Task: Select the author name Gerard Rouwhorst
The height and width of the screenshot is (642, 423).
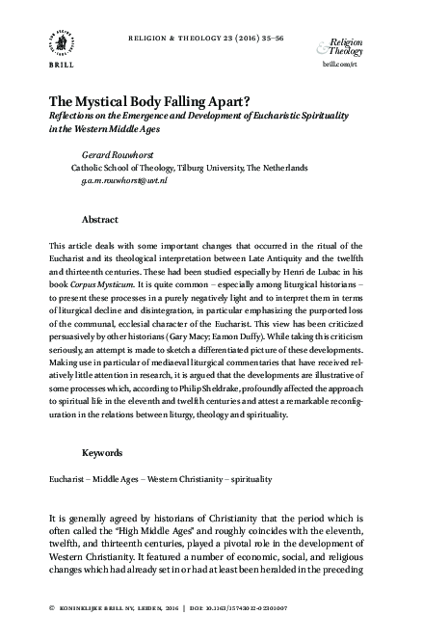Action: pos(112,153)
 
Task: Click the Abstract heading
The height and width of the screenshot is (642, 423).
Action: pos(100,220)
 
